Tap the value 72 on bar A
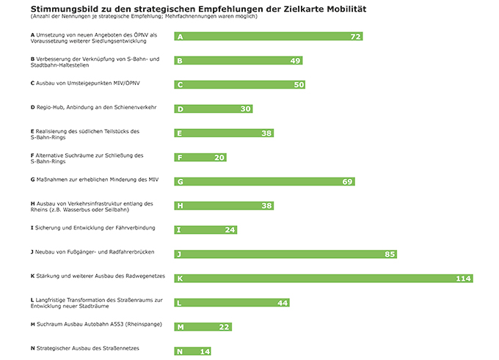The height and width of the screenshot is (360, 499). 356,37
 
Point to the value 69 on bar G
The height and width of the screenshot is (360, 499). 348,182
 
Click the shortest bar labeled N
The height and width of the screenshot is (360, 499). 192,351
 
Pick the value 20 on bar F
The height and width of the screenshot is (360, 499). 219,158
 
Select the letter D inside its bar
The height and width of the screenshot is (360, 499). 181,109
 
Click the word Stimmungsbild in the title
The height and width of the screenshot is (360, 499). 65,8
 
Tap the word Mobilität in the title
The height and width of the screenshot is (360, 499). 340,8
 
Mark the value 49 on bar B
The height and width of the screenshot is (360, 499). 296,61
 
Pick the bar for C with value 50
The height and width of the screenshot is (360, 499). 239,85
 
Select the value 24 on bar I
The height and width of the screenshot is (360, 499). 230,230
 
